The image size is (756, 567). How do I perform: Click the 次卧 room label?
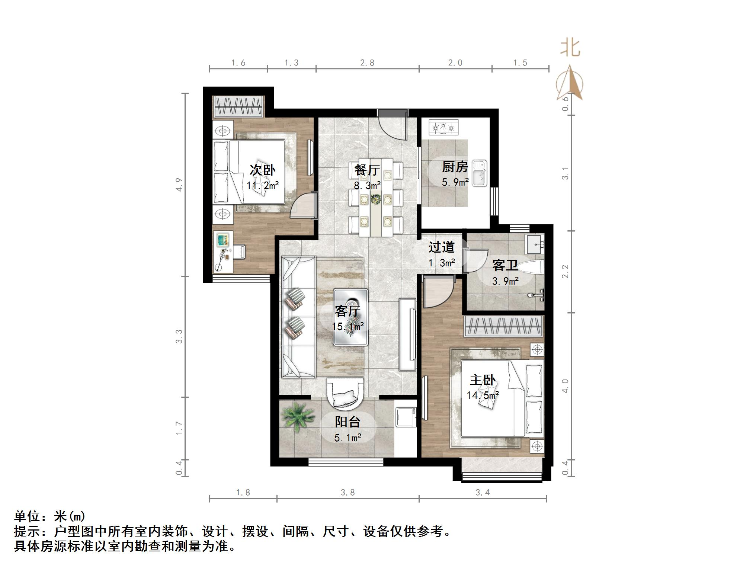[262, 170]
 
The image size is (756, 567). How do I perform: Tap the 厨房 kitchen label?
[455, 167]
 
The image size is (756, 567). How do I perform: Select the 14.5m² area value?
[483, 395]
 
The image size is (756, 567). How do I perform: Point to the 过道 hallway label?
[441, 247]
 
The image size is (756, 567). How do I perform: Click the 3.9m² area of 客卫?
[505, 281]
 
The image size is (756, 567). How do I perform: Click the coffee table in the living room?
[351, 317]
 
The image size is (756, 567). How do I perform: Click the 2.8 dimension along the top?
[367, 63]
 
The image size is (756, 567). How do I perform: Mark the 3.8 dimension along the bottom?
[347, 493]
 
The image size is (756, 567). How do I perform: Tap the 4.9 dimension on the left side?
[179, 185]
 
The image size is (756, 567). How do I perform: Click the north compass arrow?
[570, 83]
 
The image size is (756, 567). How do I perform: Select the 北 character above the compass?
[570, 48]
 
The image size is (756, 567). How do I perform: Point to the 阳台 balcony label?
[347, 422]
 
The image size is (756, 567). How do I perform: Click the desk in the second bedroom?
[223, 252]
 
